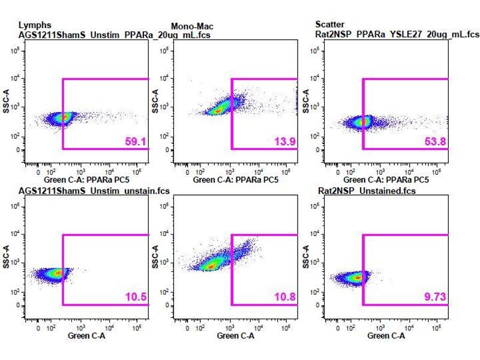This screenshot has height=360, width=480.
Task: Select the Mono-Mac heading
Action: pos(192,26)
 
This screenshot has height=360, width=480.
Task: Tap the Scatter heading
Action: pos(330,25)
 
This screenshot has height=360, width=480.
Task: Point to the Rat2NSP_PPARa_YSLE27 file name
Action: pos(397,35)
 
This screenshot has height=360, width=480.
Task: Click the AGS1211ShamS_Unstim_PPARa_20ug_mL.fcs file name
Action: pos(114,35)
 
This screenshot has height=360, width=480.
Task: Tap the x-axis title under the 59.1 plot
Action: pos(86,179)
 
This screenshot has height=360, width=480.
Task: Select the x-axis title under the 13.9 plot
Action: pos(236,179)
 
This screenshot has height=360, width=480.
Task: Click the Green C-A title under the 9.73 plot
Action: pos(386,336)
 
